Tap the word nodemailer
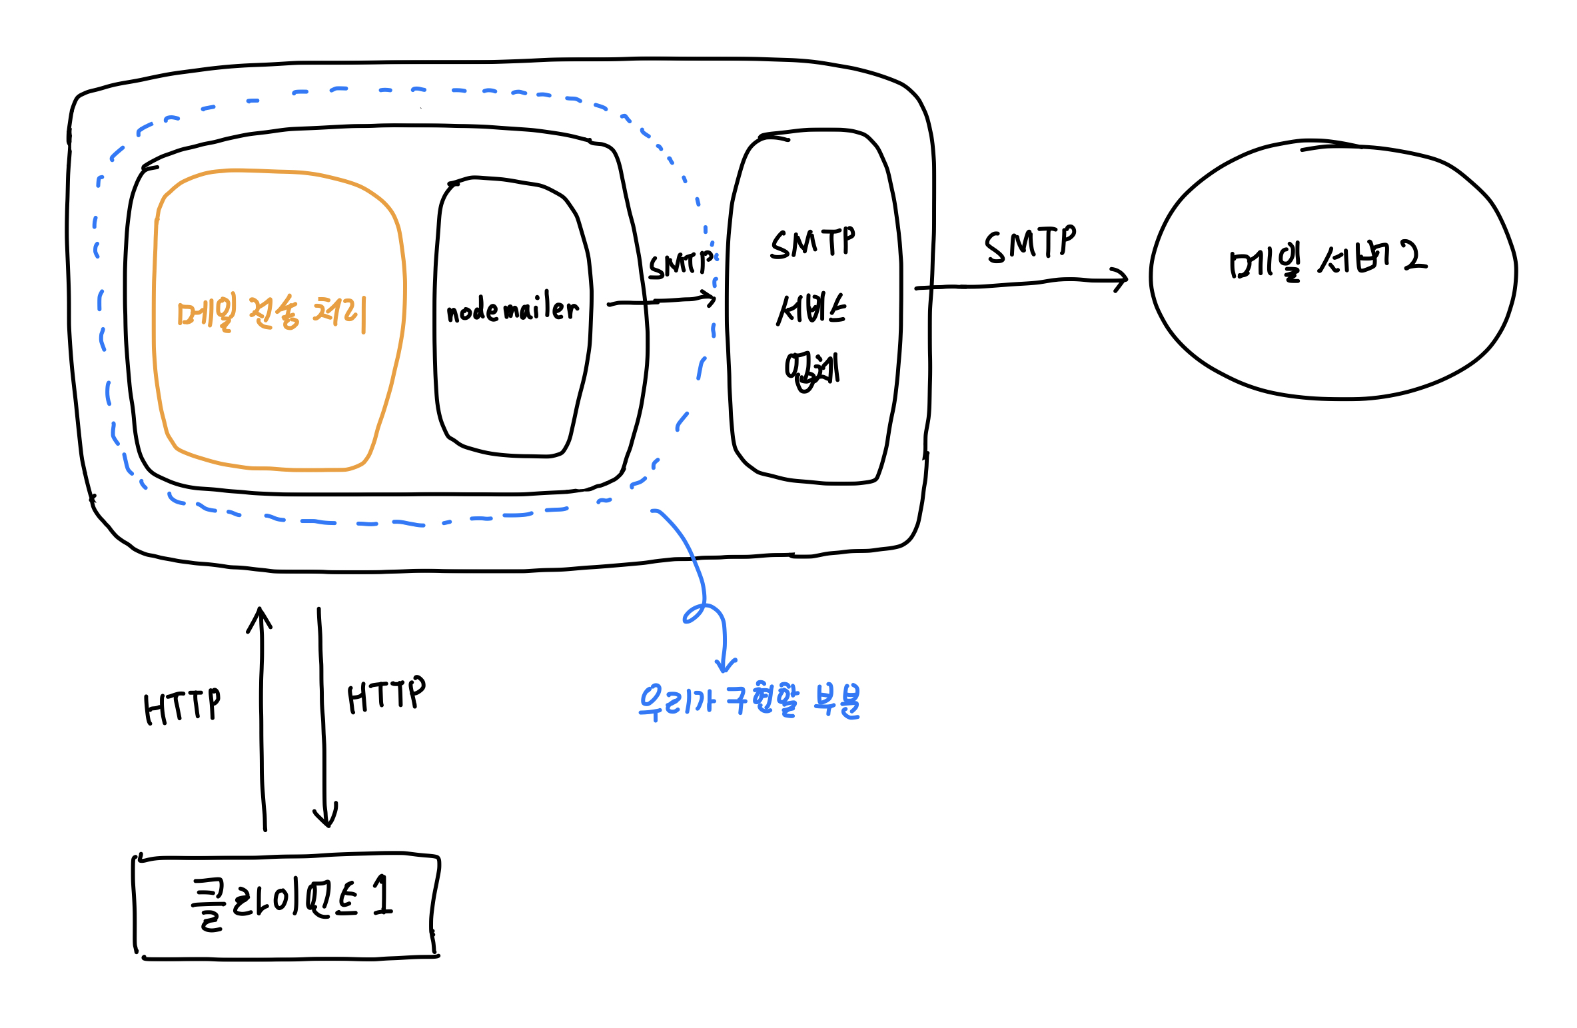tap(512, 310)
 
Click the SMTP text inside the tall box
tap(813, 243)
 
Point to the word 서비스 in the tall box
tap(811, 310)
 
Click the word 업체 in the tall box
tap(811, 371)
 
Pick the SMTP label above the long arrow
tap(1030, 245)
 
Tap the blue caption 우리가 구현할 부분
tap(749, 701)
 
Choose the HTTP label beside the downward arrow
tap(386, 696)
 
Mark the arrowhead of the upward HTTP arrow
tap(259, 612)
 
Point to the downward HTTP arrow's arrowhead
tap(325, 821)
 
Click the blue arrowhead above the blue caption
tap(725, 668)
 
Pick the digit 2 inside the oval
tap(1414, 256)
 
